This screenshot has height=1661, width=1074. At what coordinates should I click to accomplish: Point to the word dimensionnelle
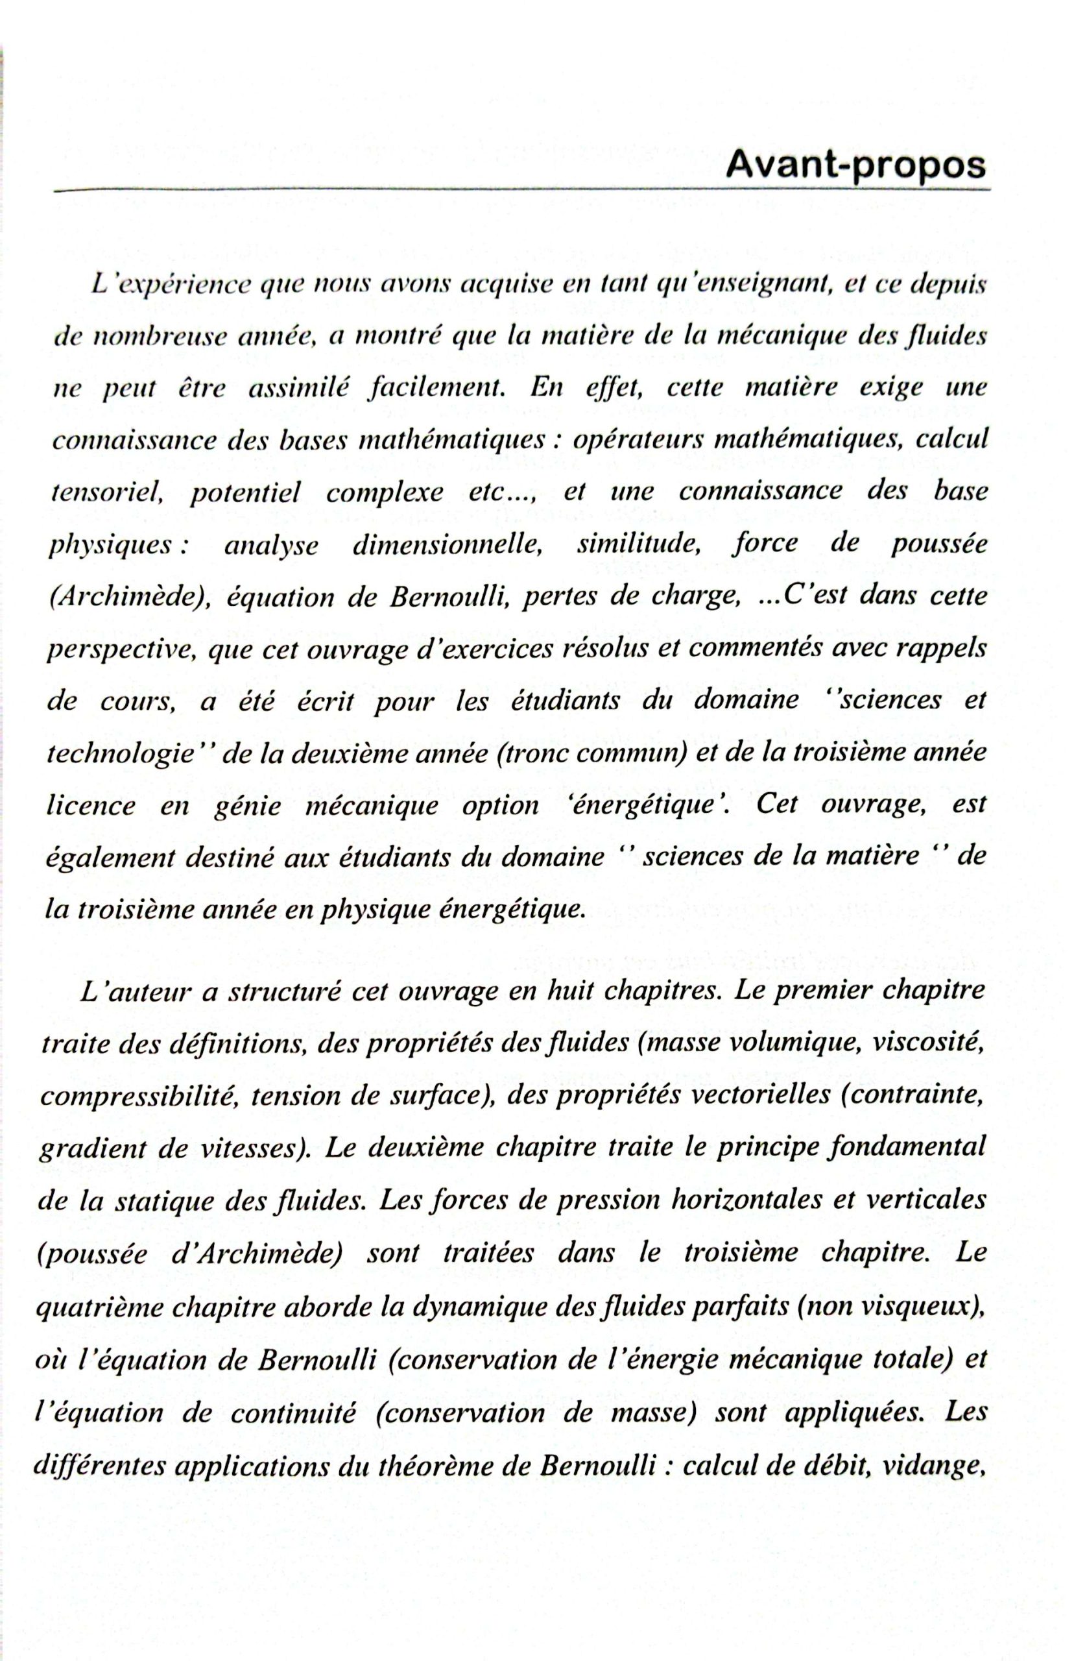[x=447, y=545]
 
